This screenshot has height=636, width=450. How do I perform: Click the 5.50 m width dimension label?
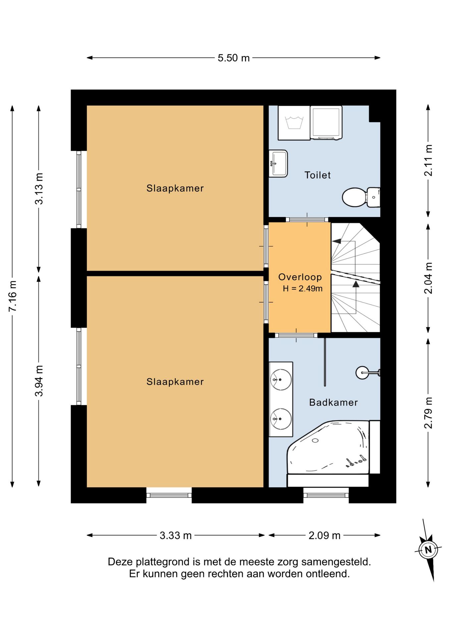[x=233, y=58]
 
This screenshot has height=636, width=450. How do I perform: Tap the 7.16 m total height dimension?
[x=13, y=296]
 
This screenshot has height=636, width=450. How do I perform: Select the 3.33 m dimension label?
[x=176, y=535]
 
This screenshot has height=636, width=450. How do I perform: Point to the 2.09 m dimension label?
[x=324, y=535]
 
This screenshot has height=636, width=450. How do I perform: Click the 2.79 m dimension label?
[x=428, y=412]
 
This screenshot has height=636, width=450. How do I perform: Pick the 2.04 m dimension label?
[x=428, y=278]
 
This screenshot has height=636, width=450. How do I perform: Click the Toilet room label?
[x=317, y=175]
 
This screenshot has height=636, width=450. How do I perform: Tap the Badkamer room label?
[x=333, y=402]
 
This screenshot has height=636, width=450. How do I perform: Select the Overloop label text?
[x=300, y=277]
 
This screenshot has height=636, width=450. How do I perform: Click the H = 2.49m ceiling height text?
[x=303, y=289]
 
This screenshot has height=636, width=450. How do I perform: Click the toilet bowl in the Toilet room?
[x=361, y=197]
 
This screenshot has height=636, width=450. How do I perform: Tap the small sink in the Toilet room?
[x=278, y=164]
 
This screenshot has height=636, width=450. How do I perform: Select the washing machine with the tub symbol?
[x=294, y=123]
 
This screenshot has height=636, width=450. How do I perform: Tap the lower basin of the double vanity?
[x=281, y=419]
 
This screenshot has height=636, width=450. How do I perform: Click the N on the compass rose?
[x=428, y=550]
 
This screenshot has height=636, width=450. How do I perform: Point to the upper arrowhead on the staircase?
[x=337, y=241]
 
